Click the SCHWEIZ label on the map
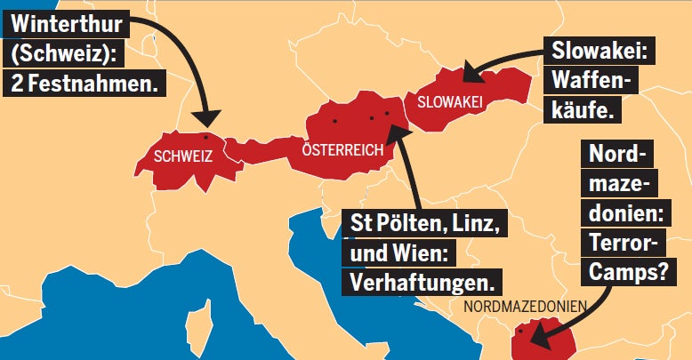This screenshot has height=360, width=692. pos(183,156)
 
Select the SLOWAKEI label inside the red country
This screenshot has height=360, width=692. pos(449,103)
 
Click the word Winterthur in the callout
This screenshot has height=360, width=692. pos(66,21)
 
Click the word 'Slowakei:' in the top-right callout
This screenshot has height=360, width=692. pos(602,50)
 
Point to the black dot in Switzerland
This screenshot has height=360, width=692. pos(206,137)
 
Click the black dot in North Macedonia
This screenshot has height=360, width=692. pos(520,332)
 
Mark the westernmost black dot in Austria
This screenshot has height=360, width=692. pos(335,120)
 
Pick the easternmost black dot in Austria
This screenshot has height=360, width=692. pos(389,113)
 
